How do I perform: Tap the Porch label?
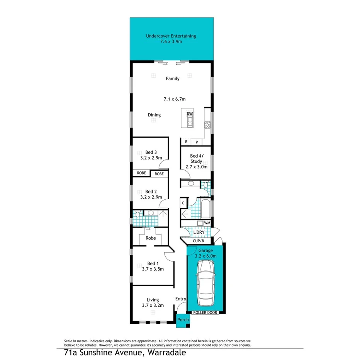tap(183, 320)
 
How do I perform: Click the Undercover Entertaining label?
tap(171, 36)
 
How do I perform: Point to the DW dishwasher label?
tap(190, 114)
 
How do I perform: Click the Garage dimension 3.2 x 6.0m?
tap(206, 256)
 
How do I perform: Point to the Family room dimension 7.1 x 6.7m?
tap(174, 99)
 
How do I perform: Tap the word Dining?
tap(154, 115)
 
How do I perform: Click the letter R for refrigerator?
tap(186, 142)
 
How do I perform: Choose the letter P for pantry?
tap(196, 142)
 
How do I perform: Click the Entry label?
tap(181, 299)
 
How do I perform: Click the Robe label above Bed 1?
tap(151, 238)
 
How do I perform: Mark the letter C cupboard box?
tap(183, 202)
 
